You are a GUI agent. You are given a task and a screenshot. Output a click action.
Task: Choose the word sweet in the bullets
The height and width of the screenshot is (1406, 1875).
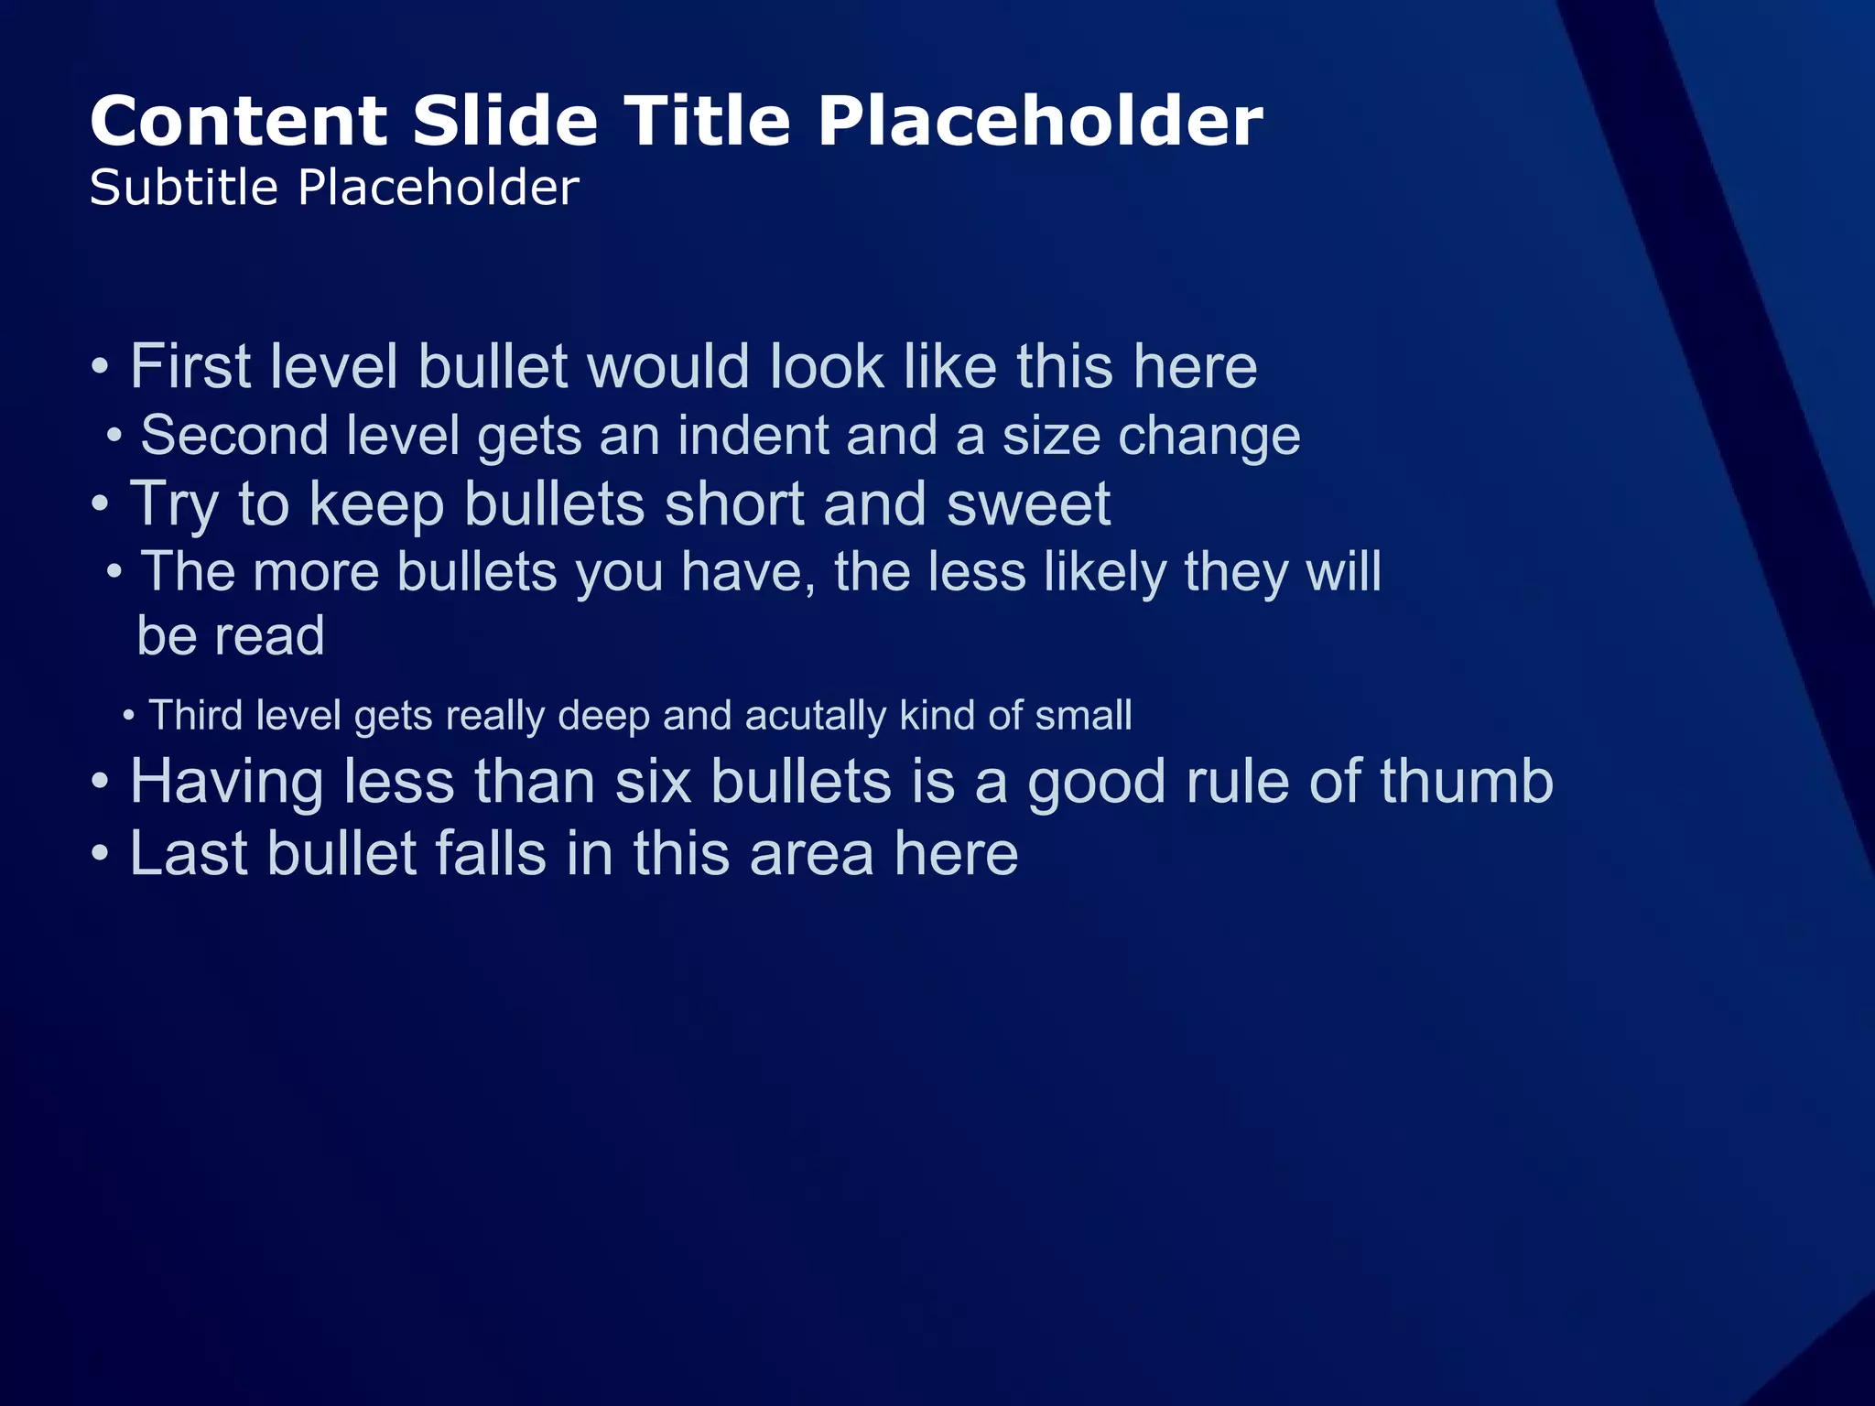1028,504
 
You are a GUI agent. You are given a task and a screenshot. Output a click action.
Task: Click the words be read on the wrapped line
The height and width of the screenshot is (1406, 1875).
231,636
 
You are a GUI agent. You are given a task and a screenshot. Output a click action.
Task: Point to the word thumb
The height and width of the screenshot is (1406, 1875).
1466,783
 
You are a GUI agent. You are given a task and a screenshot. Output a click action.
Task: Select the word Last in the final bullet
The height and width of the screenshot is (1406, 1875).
189,854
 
